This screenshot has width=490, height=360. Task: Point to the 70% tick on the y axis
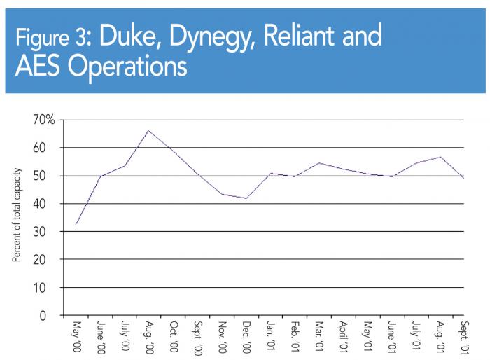tap(43, 120)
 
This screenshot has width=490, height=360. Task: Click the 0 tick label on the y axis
tap(50, 316)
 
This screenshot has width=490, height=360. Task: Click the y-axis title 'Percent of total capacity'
tap(17, 215)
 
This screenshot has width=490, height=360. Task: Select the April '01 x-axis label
tap(343, 336)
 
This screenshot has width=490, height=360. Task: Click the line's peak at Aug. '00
tap(148, 130)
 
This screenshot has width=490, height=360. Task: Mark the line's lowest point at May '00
tap(76, 225)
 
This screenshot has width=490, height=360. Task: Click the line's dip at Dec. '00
tap(246, 198)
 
